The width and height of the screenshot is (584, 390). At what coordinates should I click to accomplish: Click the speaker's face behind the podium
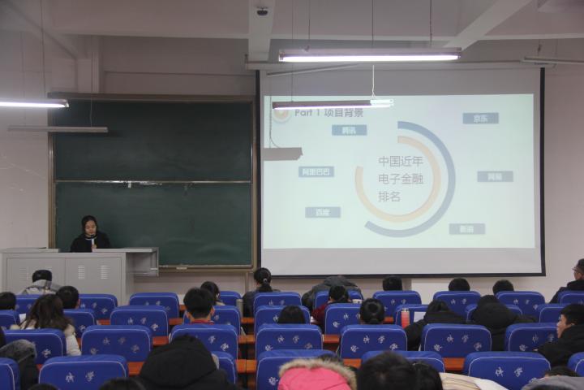tap(89, 225)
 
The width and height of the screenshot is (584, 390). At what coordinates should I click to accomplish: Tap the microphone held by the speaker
tap(91, 238)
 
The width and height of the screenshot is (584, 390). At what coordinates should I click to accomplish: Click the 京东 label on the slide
tap(480, 118)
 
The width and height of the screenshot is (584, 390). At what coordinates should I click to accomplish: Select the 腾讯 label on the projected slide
tap(349, 130)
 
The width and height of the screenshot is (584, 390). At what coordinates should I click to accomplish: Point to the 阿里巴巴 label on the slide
tap(316, 171)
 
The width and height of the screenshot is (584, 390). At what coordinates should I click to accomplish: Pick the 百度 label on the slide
tap(323, 212)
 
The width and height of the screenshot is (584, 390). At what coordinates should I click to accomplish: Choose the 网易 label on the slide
tap(495, 176)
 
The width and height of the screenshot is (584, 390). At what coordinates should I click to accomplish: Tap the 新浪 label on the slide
tap(466, 229)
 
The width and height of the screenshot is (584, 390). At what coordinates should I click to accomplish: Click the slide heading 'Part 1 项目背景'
tap(328, 113)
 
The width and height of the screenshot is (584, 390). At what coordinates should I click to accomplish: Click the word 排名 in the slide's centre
tap(389, 197)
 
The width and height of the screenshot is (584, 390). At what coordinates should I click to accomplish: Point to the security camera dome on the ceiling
tap(262, 11)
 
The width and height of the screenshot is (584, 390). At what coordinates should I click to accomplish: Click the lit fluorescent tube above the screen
tap(369, 57)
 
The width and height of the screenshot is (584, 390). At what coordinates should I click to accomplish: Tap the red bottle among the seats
tap(405, 318)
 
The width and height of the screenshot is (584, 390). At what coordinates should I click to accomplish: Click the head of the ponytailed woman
tap(263, 278)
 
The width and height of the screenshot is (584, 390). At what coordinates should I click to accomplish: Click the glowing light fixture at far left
tap(32, 104)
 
